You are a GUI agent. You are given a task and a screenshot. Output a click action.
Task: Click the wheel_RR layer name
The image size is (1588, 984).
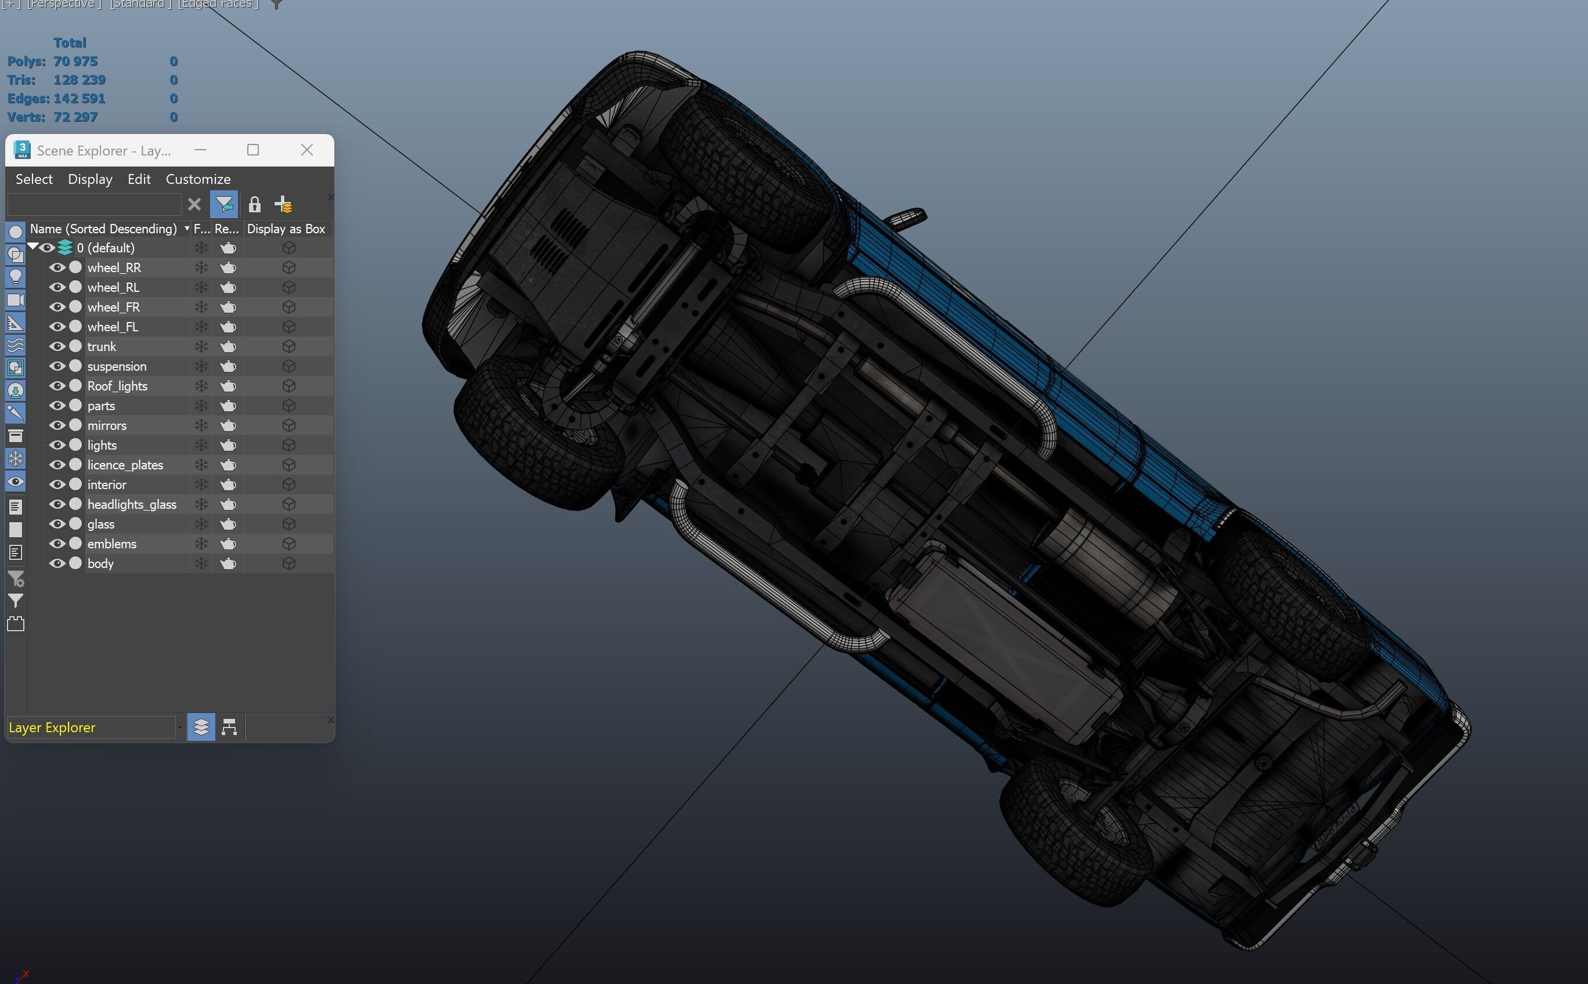[x=114, y=267]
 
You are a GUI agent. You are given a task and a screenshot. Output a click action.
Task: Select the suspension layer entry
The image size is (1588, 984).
[x=117, y=367]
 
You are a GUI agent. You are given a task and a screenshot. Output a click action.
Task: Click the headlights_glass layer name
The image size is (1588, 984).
[x=132, y=504]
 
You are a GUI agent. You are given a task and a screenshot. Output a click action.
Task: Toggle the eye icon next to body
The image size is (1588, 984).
[x=57, y=563]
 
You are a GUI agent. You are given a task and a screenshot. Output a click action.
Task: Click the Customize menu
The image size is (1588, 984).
[x=198, y=179]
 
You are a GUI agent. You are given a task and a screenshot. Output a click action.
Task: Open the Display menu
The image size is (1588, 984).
[x=90, y=179]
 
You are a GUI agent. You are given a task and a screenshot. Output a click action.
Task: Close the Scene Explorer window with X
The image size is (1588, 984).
[x=307, y=150]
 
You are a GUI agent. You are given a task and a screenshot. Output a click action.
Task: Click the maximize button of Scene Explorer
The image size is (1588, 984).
[x=253, y=150]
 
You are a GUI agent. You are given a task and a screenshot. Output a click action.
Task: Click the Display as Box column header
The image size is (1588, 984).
[x=286, y=229]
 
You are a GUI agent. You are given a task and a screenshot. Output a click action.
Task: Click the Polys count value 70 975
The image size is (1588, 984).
[x=75, y=61]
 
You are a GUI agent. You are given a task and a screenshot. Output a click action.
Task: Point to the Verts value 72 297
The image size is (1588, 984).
[x=75, y=117]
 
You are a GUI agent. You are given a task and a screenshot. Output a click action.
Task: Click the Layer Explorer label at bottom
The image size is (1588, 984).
[x=52, y=728]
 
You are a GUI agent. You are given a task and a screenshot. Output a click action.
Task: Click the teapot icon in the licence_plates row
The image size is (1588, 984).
[x=228, y=465]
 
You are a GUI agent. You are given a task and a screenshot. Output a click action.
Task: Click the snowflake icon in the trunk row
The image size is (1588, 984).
[x=201, y=347]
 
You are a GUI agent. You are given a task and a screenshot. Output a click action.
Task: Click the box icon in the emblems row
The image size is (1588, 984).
[x=289, y=544]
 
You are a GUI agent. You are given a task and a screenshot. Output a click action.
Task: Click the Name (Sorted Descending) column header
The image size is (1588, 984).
[x=103, y=229]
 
